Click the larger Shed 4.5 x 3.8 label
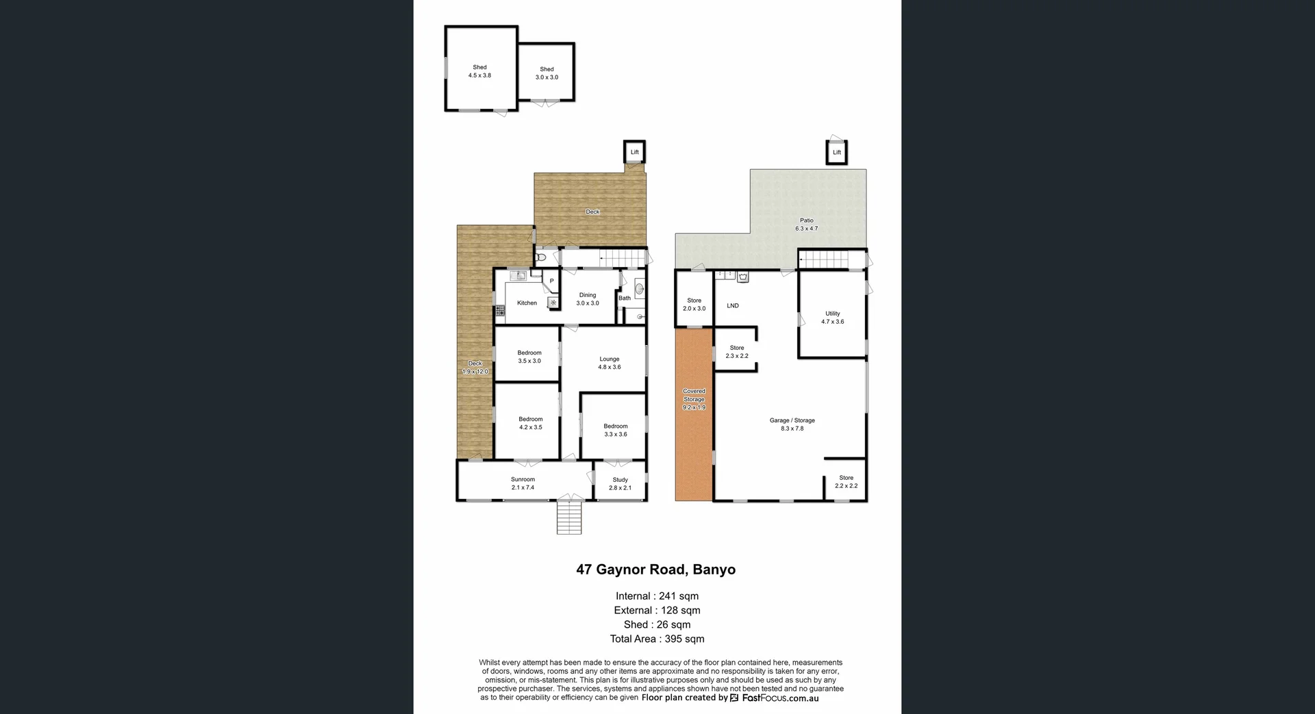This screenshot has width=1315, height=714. pyautogui.click(x=479, y=72)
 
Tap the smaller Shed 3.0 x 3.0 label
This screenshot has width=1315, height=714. pyautogui.click(x=547, y=73)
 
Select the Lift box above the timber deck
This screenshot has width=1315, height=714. pyautogui.click(x=634, y=152)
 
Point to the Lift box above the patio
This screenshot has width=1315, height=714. pyautogui.click(x=836, y=153)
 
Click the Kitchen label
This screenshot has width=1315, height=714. pyautogui.click(x=527, y=303)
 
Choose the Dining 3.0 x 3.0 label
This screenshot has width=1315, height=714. pyautogui.click(x=588, y=299)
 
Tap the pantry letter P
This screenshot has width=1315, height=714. pyautogui.click(x=551, y=281)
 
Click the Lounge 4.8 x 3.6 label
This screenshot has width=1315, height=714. pyautogui.click(x=609, y=363)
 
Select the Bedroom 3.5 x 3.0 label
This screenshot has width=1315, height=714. pyautogui.click(x=529, y=357)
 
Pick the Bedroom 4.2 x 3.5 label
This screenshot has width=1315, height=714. pyautogui.click(x=530, y=423)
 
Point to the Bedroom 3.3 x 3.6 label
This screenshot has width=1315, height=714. pyautogui.click(x=615, y=430)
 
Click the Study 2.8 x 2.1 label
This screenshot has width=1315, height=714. pyautogui.click(x=620, y=484)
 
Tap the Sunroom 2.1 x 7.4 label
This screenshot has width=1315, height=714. pyautogui.click(x=523, y=483)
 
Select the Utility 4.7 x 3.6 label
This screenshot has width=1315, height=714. pyautogui.click(x=832, y=318)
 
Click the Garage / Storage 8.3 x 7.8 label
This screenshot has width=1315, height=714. pyautogui.click(x=792, y=424)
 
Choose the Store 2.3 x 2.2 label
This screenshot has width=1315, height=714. pyautogui.click(x=736, y=352)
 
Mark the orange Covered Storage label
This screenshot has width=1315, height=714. pyautogui.click(x=694, y=399)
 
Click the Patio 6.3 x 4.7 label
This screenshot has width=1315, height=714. pyautogui.click(x=806, y=225)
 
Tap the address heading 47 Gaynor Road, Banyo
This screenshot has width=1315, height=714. pyautogui.click(x=655, y=570)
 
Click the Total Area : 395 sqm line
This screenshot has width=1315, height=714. pyautogui.click(x=657, y=639)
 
